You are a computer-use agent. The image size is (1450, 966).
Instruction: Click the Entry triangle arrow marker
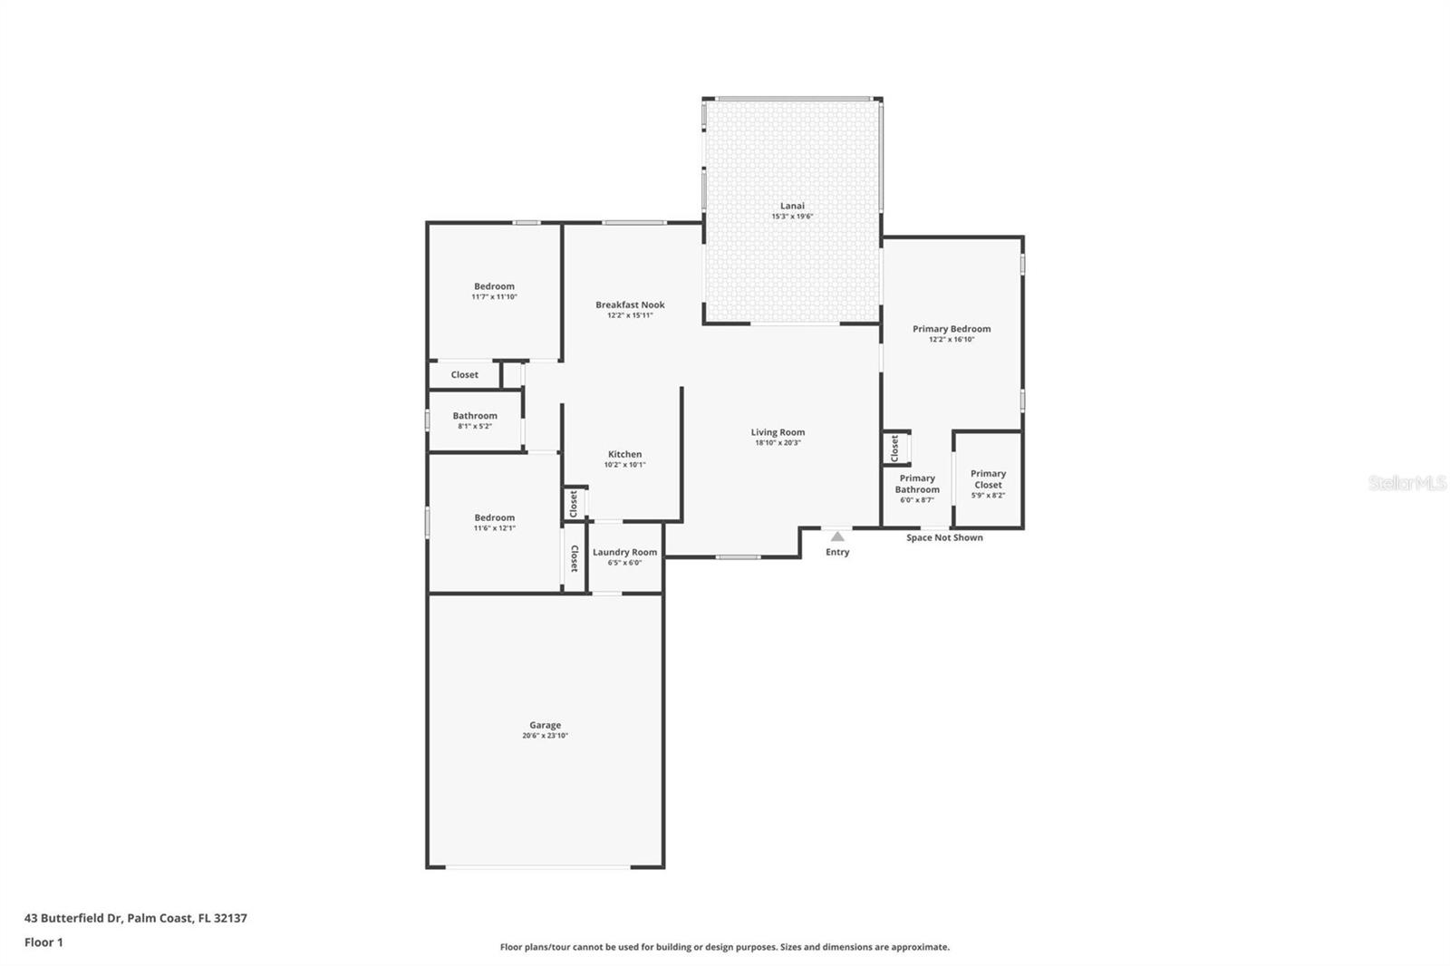pyautogui.click(x=837, y=536)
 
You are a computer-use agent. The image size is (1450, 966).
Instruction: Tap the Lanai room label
pyautogui.click(x=792, y=206)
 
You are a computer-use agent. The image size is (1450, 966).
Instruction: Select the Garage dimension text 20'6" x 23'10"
pyautogui.click(x=545, y=736)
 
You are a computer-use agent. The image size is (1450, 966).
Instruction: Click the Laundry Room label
pyautogui.click(x=624, y=552)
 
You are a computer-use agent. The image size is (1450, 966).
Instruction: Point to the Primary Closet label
pyautogui.click(x=988, y=478)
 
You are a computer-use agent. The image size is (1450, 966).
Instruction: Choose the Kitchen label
pyautogui.click(x=624, y=454)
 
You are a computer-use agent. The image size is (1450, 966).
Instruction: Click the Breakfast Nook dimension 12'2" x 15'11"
pyautogui.click(x=630, y=315)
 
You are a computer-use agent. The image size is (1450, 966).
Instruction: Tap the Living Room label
pyautogui.click(x=778, y=432)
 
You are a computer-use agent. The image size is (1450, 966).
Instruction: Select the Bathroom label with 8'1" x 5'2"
pyautogui.click(x=475, y=416)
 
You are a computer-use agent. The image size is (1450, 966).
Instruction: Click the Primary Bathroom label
pyautogui.click(x=917, y=484)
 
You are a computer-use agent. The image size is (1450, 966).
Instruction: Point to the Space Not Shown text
pyautogui.click(x=944, y=537)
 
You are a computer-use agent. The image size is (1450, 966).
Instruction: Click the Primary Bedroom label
pyautogui.click(x=952, y=329)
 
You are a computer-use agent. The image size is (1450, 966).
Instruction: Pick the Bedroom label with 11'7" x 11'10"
pyautogui.click(x=494, y=286)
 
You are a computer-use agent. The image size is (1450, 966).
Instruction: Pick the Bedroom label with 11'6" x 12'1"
pyautogui.click(x=494, y=517)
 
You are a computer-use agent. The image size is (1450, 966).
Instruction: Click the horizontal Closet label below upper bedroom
pyautogui.click(x=464, y=374)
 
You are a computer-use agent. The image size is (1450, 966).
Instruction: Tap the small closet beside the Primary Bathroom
pyautogui.click(x=894, y=448)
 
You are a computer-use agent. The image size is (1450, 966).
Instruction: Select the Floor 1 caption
pyautogui.click(x=43, y=942)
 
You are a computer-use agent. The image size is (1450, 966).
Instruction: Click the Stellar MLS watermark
pyautogui.click(x=1406, y=483)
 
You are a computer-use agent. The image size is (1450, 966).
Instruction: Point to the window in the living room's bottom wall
pyautogui.click(x=738, y=556)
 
